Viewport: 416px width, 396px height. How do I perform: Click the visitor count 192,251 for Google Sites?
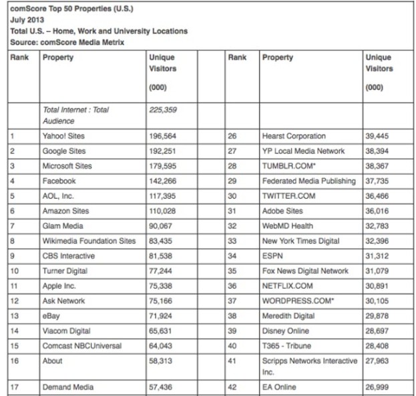coord(164,151)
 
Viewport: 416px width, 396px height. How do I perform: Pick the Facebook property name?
coord(59,181)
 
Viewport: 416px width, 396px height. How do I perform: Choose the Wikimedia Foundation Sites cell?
coord(89,241)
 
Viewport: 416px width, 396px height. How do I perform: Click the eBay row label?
coord(52,316)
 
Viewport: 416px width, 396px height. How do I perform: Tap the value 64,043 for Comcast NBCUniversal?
coord(163,346)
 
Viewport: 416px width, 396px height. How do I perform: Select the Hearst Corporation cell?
coord(294,136)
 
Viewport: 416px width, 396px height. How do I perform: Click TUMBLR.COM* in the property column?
coord(288,166)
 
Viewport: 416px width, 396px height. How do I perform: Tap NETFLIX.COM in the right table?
coord(286,286)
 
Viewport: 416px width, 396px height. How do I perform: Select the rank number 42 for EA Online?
coord(232,387)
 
